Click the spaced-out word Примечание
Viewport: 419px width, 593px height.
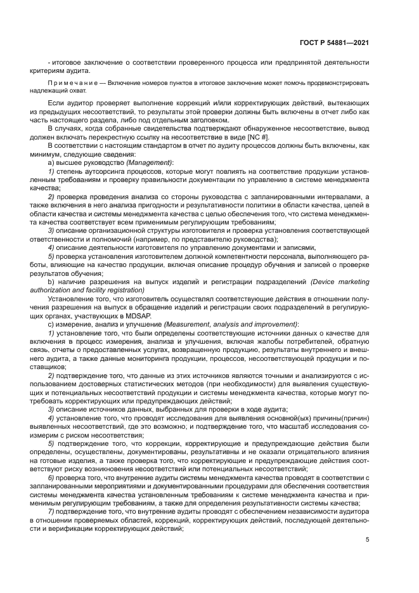tap(67, 83)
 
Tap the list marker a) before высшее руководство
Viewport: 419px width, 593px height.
tap(51, 163)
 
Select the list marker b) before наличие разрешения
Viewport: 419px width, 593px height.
tap(51, 282)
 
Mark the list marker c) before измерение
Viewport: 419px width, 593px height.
tap(51, 324)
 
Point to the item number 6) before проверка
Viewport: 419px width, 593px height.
tap(51, 476)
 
